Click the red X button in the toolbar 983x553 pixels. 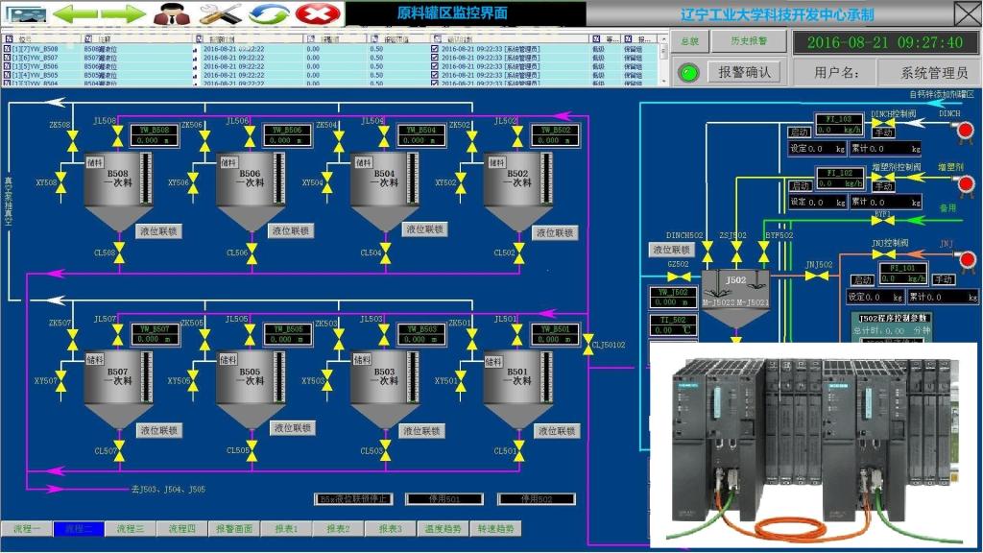pos(312,13)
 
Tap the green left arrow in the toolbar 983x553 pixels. pos(74,13)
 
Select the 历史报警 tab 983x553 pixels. pos(749,41)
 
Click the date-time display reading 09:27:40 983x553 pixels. pos(884,42)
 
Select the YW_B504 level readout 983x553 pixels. pos(421,135)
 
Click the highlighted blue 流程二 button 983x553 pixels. pos(79,529)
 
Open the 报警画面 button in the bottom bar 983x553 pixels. pos(234,529)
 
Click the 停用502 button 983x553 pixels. pos(536,499)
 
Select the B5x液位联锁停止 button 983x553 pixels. pos(354,499)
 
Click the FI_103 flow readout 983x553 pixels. pos(839,124)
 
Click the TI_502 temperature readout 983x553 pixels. pos(673,325)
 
